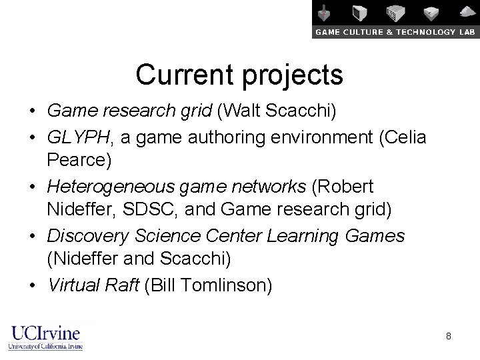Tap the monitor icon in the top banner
coord(361,13)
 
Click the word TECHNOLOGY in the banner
coord(412,32)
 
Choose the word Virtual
coord(73,285)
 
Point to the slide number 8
coord(449,336)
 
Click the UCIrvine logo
coord(45,337)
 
